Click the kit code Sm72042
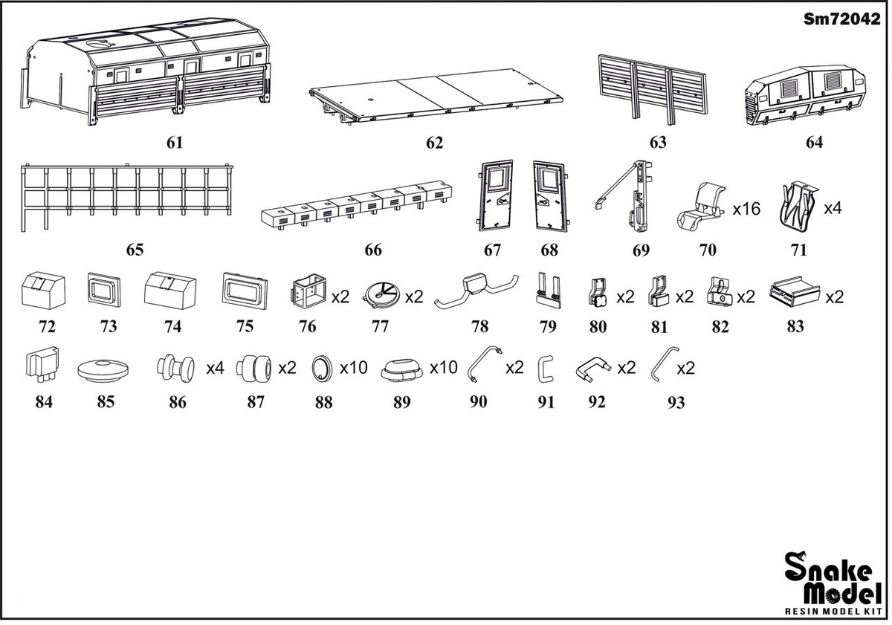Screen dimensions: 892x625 (841, 19)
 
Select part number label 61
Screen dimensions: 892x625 (175, 143)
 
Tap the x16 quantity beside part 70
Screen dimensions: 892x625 (746, 209)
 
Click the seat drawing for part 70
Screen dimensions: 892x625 (701, 206)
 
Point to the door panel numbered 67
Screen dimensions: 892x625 (494, 195)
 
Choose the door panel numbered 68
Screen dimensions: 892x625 (551, 196)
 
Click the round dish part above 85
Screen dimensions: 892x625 (103, 371)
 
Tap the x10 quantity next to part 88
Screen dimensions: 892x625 (353, 368)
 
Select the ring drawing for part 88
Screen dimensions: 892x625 (322, 369)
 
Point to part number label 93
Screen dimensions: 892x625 (676, 403)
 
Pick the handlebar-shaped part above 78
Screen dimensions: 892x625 (476, 289)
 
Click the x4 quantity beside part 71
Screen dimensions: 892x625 (833, 209)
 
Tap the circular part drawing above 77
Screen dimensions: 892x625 (381, 295)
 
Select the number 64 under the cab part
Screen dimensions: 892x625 (814, 143)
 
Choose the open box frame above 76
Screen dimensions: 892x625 (309, 291)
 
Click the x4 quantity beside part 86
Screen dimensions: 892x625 (215, 369)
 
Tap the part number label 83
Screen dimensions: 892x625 (795, 326)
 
